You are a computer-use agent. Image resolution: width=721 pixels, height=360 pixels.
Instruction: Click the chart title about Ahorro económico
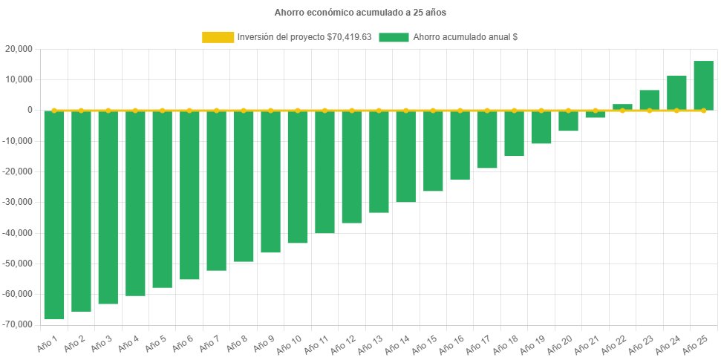coord(360,13)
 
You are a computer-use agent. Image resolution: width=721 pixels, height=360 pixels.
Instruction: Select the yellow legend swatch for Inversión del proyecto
coord(218,37)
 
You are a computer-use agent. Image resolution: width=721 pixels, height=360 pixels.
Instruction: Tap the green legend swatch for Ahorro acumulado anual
coord(394,37)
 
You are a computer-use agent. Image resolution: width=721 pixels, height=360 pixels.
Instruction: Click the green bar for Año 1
coord(54,215)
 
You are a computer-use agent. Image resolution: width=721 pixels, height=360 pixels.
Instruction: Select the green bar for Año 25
coord(703,85)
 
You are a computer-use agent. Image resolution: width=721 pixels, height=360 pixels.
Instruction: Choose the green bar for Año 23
coord(649,100)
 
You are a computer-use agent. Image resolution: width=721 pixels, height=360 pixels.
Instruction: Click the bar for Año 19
coord(541,127)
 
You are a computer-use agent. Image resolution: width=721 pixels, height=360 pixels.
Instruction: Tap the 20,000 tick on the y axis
coord(19,49)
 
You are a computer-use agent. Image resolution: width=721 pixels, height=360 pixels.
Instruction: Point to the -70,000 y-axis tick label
coord(18,324)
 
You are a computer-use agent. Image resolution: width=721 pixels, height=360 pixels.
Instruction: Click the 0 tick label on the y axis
coord(30,110)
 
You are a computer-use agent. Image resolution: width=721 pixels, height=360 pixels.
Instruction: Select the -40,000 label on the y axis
coord(18,233)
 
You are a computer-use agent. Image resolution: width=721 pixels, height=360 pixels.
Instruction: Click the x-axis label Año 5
coord(155,344)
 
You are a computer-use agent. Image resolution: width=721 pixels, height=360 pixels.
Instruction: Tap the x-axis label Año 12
coord(344,344)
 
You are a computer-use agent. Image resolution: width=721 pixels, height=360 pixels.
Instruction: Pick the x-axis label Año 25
coord(696,344)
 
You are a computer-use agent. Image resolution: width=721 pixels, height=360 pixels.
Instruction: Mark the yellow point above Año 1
coord(54,110)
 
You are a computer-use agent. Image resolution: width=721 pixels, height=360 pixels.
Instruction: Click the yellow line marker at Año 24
coord(676,110)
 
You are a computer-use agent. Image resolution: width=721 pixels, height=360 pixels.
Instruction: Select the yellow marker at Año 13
coord(379,110)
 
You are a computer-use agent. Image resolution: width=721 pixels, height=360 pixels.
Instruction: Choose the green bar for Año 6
coord(189,195)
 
